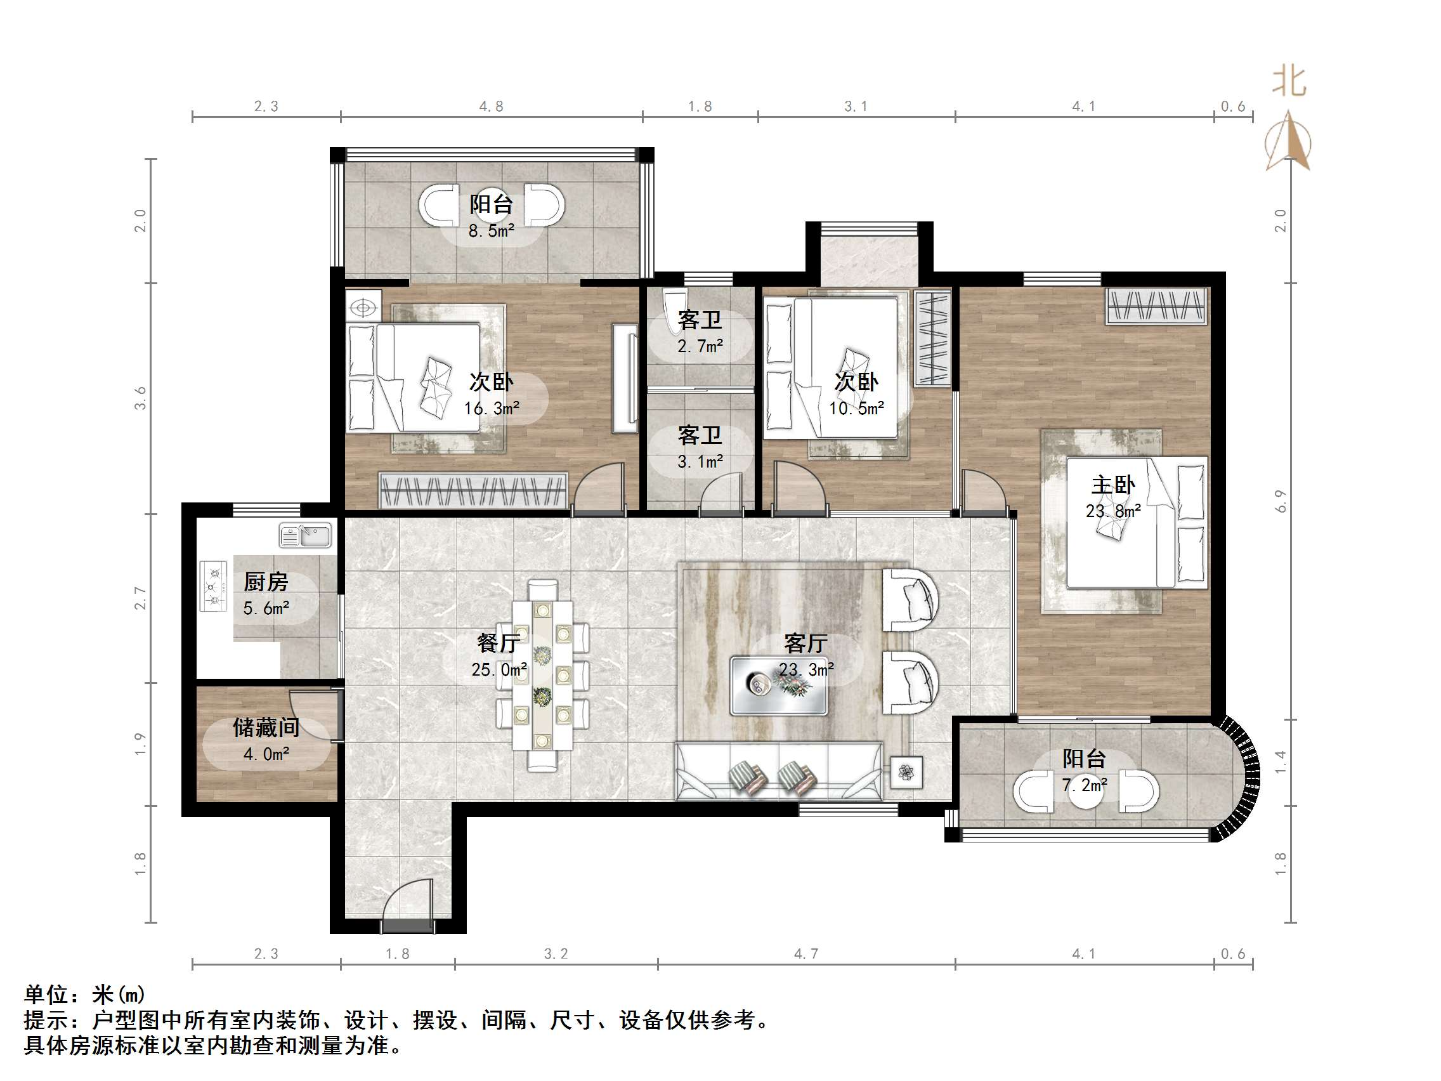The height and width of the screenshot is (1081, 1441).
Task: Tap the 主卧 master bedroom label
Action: (1112, 485)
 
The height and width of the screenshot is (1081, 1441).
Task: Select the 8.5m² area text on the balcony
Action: (491, 231)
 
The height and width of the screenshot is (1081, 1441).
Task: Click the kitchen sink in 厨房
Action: (306, 536)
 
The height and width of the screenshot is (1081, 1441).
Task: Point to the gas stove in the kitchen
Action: (213, 586)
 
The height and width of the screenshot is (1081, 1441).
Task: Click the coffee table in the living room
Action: (778, 686)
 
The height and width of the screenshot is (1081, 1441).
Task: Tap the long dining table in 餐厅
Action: (542, 675)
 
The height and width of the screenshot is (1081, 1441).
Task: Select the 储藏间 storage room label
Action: (266, 727)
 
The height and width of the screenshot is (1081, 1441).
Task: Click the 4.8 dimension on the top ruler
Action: (491, 106)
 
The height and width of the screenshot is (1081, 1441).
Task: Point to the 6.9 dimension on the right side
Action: (1281, 501)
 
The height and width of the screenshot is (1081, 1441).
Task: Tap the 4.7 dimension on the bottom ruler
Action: (806, 954)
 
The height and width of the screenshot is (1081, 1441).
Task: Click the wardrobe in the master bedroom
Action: (1156, 306)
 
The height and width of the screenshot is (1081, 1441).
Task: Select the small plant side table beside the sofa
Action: (906, 773)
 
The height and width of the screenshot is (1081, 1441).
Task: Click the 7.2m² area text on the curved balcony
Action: (1084, 785)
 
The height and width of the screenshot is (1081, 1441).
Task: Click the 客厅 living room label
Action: (806, 644)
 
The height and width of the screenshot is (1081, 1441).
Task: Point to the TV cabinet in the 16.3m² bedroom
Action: (624, 379)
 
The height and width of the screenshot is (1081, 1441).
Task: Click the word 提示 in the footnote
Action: (46, 1019)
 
